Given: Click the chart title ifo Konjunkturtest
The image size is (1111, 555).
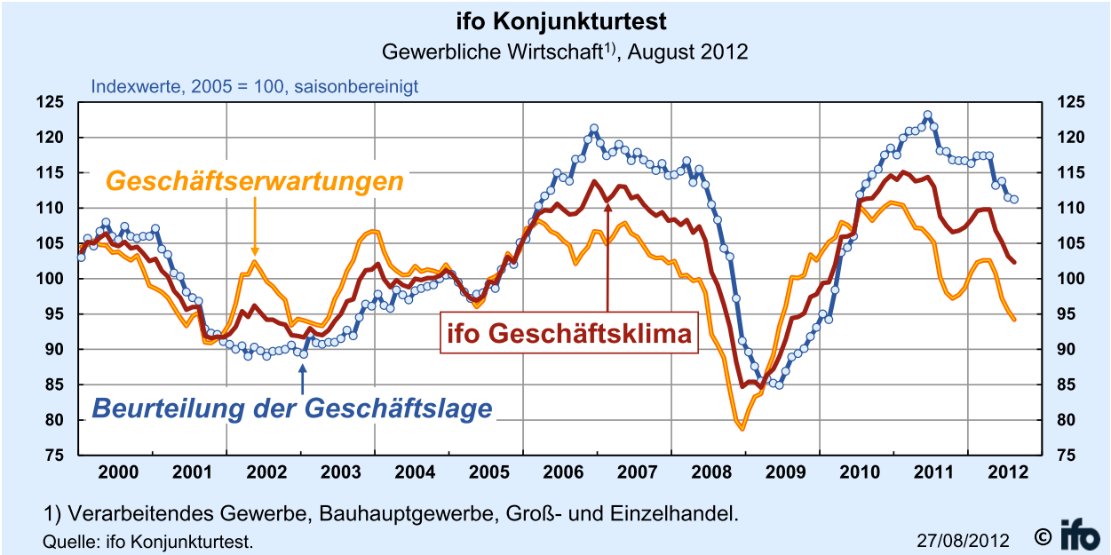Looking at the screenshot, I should (x=561, y=21).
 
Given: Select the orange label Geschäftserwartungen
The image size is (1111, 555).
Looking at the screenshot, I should (x=255, y=181).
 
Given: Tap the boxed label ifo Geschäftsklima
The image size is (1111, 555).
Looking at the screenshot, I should (x=569, y=334).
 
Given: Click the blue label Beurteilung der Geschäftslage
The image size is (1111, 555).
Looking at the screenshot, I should (x=292, y=408).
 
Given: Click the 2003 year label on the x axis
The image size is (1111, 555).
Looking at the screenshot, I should (x=339, y=472).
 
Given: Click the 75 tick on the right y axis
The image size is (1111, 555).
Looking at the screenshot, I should (x=1069, y=456).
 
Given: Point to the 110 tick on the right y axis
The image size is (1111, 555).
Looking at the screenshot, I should (x=1069, y=208).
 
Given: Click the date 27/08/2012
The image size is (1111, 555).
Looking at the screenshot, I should (x=963, y=540).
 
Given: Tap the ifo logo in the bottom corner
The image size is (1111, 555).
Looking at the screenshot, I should (x=1081, y=535).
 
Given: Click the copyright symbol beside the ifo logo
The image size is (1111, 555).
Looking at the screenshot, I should (x=1043, y=536).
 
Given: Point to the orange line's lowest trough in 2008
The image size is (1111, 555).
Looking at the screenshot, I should (x=742, y=429).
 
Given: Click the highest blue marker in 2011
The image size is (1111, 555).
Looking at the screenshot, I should (x=927, y=115).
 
